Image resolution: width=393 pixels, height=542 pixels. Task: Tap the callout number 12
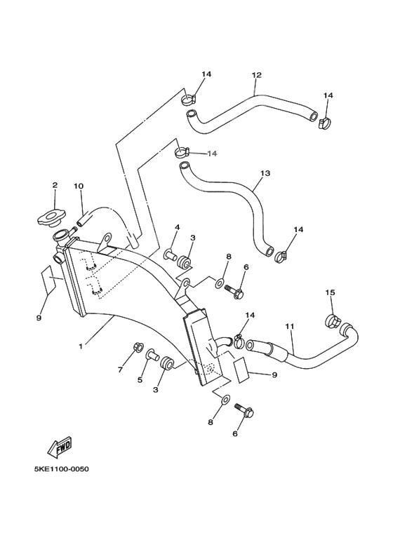pos(256,75)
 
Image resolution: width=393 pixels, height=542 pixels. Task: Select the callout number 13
pos(265,172)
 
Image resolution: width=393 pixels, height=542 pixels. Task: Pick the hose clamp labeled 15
pos(334,322)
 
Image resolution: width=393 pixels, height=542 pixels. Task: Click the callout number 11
pos(288,327)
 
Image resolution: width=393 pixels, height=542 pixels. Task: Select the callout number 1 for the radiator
pos(81,346)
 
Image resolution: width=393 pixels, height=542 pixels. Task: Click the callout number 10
pos(78,187)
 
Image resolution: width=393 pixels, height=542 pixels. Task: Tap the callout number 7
pos(119,370)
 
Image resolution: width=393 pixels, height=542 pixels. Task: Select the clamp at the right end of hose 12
pos(324,124)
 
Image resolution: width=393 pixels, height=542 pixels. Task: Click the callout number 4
pos(177,227)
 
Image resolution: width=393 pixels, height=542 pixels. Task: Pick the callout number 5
pos(140,380)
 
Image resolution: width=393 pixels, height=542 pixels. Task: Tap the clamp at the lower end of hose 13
pos(280,255)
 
